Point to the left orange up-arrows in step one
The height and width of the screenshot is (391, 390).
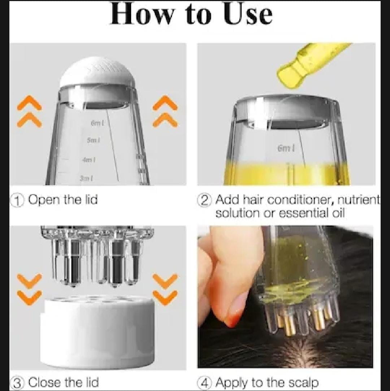pos(29,111)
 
